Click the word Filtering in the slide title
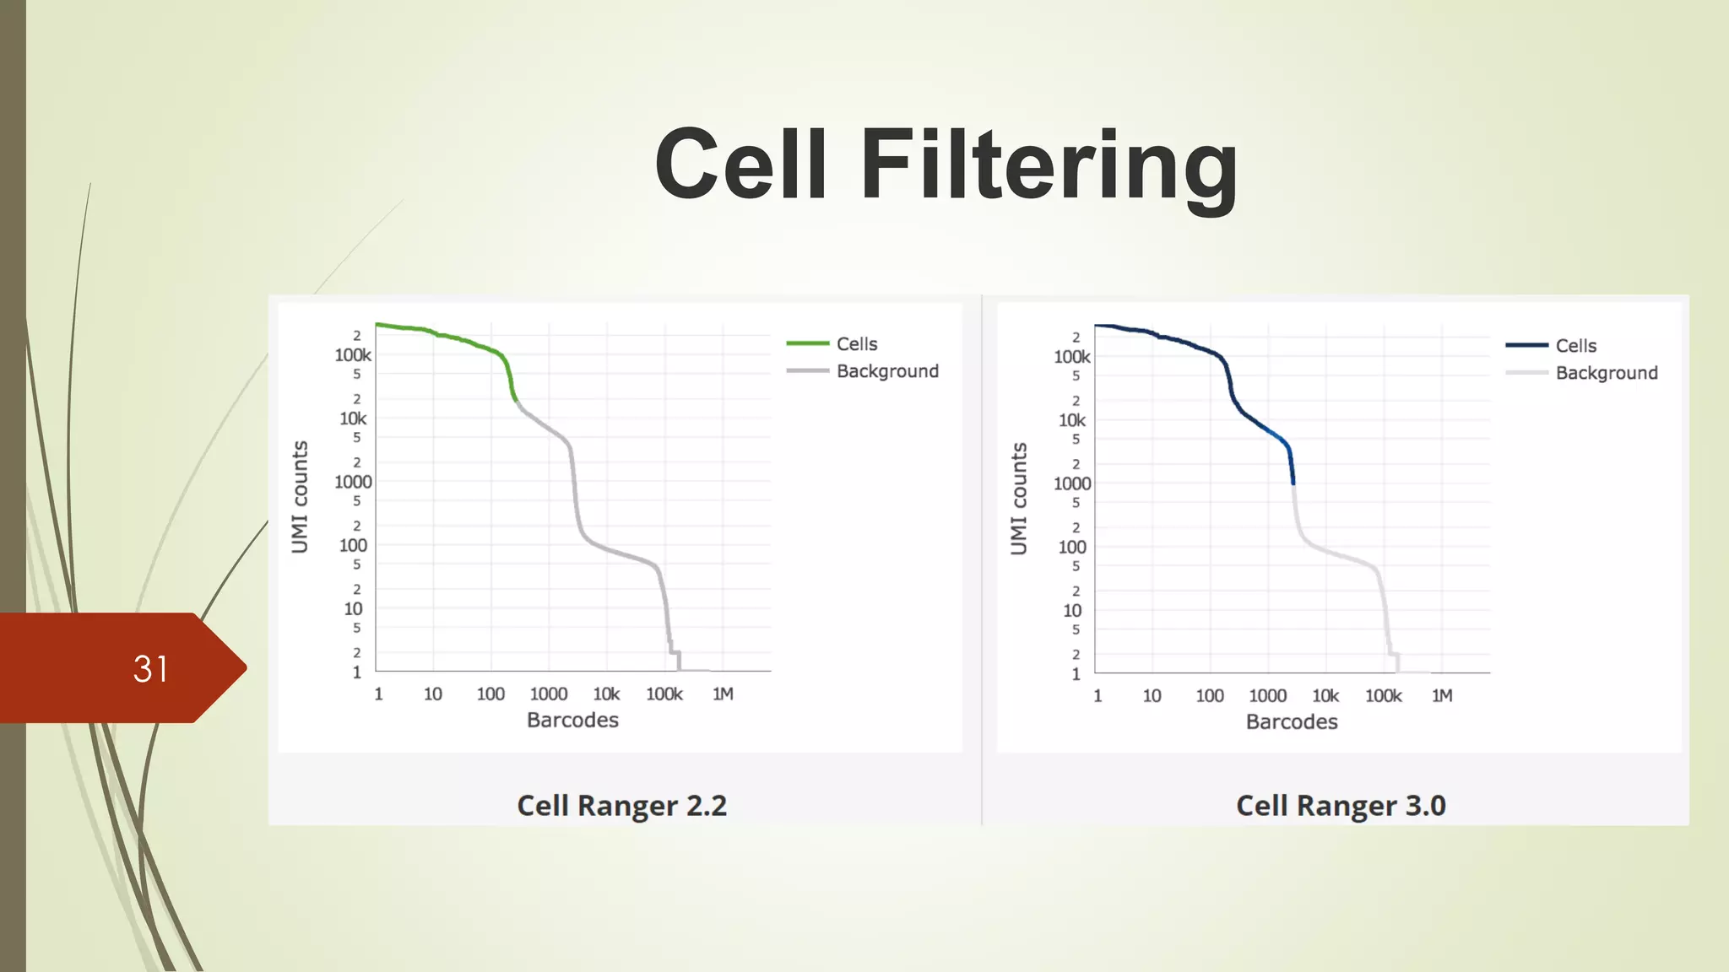pos(1049,165)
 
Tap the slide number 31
pos(151,669)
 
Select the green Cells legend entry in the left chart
pos(856,344)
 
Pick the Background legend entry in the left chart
pos(886,371)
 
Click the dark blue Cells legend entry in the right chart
pos(1575,346)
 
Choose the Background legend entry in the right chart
pos(1606,373)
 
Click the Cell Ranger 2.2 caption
pos(621,806)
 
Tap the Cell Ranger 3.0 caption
pos(1341,806)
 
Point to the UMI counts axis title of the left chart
pos(300,497)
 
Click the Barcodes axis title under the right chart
pos(1292,722)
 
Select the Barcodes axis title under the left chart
pos(572,721)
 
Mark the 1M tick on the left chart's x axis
pos(723,694)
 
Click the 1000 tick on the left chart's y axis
pos(353,482)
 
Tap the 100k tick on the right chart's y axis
pos(1071,357)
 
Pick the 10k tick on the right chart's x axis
pos(1325,696)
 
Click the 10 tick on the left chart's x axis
pos(432,694)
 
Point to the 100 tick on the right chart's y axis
pos(1072,547)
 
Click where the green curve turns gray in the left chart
pos(516,402)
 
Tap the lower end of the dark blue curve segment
pos(1293,483)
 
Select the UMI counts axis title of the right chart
pos(1019,499)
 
